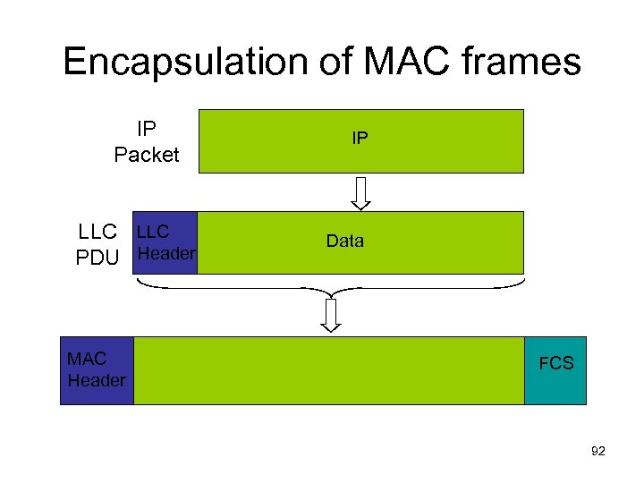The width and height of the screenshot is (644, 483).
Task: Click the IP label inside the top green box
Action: point(360,139)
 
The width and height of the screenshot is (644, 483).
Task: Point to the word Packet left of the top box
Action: point(147,155)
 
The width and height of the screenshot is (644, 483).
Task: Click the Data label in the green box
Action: point(345,241)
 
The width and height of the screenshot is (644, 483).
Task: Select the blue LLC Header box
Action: point(165,242)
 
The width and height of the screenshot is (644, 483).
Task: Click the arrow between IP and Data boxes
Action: point(360,191)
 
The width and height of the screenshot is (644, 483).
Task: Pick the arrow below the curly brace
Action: point(332,314)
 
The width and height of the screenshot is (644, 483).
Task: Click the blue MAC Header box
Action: point(97,370)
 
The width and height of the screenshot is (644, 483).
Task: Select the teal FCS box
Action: point(555,370)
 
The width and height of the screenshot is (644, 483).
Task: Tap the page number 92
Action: point(598,453)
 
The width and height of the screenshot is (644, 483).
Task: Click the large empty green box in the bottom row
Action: point(328,370)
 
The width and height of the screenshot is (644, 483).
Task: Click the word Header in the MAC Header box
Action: point(97,381)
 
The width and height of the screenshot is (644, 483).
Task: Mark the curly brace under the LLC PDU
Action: point(331,285)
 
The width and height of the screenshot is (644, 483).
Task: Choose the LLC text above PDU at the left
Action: point(97,232)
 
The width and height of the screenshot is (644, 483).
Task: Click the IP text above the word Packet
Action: point(147,131)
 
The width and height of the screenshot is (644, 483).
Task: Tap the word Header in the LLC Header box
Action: point(166,253)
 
